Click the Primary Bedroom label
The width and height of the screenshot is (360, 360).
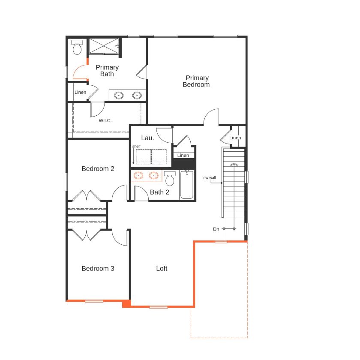pyautogui.click(x=196, y=81)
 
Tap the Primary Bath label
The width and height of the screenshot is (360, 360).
pyautogui.click(x=107, y=71)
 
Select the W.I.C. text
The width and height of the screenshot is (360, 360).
pyautogui.click(x=105, y=120)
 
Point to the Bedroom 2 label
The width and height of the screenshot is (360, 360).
pyautogui.click(x=98, y=168)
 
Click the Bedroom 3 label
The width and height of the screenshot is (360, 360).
pyautogui.click(x=98, y=268)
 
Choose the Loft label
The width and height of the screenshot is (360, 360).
pyautogui.click(x=162, y=268)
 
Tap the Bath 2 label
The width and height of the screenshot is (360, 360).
pyautogui.click(x=159, y=192)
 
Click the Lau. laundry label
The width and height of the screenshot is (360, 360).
pyautogui.click(x=147, y=138)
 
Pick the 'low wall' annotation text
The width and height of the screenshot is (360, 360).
pyautogui.click(x=209, y=177)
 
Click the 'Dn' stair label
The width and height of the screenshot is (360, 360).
pyautogui.click(x=216, y=229)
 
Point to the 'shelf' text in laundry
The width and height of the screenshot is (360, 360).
pyautogui.click(x=136, y=146)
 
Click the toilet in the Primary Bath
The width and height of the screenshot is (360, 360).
pyautogui.click(x=78, y=48)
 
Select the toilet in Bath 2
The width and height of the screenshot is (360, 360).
pyautogui.click(x=170, y=179)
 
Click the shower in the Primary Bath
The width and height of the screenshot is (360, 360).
pyautogui.click(x=103, y=46)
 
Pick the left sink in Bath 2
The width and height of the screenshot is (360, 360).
pyautogui.click(x=138, y=175)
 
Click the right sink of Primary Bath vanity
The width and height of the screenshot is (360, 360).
pyautogui.click(x=138, y=95)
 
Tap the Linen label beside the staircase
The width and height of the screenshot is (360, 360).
pyautogui.click(x=235, y=138)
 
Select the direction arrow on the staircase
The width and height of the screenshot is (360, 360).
pyautogui.click(x=234, y=164)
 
